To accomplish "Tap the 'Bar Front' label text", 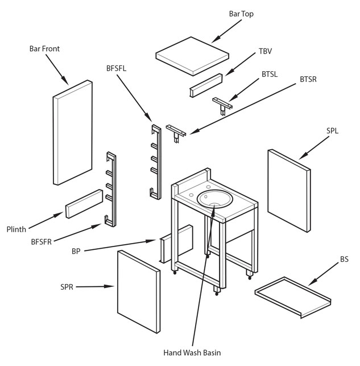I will (44, 49).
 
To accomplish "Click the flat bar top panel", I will (192, 55).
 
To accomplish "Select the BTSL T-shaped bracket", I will (222, 104).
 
